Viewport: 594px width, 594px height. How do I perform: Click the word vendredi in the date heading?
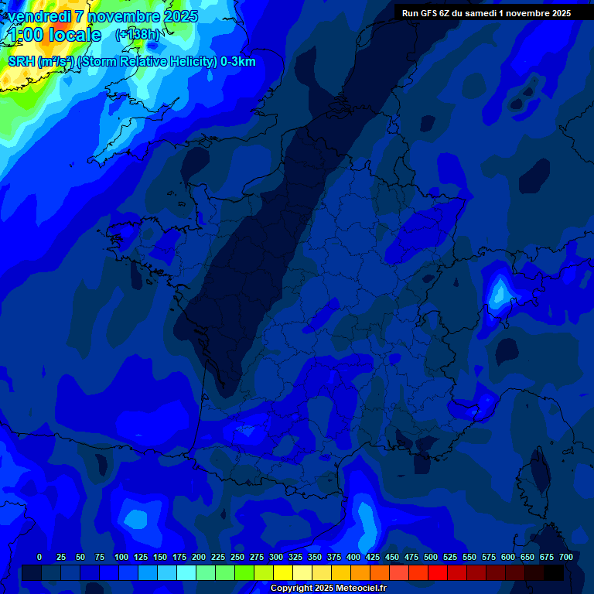[39, 16]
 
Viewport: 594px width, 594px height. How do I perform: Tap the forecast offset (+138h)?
[137, 35]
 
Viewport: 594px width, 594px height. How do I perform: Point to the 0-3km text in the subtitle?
[237, 62]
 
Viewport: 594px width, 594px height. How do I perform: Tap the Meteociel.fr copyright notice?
[327, 589]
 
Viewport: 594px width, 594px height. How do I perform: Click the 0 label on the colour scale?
[39, 557]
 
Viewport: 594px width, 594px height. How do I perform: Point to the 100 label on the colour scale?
[121, 557]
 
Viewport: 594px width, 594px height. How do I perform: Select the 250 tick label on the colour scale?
[237, 557]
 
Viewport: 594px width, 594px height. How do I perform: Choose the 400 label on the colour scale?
[353, 557]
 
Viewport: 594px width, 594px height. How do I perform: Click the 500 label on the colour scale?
[431, 557]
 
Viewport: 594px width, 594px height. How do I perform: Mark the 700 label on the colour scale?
[566, 557]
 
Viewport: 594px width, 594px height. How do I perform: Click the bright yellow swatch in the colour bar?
[283, 572]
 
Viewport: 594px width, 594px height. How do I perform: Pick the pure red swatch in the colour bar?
[438, 572]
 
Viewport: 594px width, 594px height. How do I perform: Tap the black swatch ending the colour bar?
[554, 572]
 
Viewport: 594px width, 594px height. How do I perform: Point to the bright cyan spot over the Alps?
[499, 292]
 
